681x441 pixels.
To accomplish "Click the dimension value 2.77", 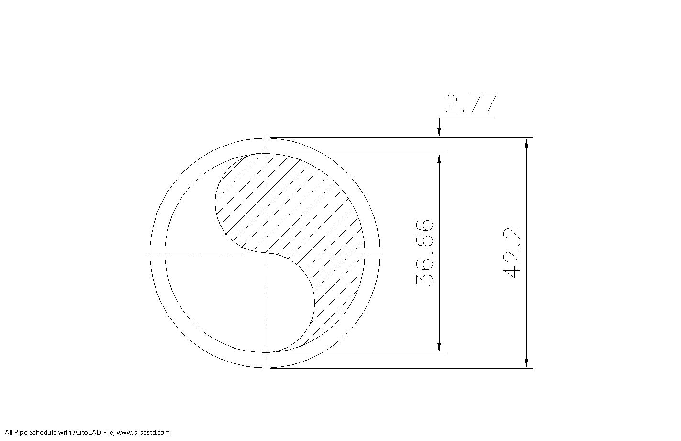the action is [x=471, y=103].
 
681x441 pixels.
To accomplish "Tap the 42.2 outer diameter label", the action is [x=512, y=253].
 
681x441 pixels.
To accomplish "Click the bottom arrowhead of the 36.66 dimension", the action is [x=439, y=348].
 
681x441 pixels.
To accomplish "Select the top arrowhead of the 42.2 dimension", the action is [x=526, y=143].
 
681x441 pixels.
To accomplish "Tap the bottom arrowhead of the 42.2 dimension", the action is [x=526, y=363].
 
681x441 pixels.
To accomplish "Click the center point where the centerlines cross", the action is [x=265, y=253].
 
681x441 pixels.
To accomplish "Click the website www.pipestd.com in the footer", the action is [x=143, y=432].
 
